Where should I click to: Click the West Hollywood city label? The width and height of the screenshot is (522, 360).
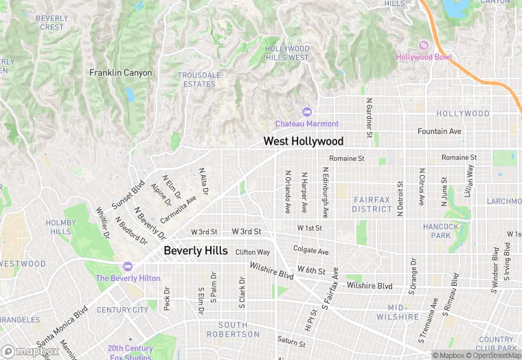click(x=303, y=141)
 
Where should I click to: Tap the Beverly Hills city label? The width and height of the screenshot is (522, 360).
click(x=195, y=251)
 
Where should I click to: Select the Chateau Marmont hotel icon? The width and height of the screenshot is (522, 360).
click(x=306, y=112)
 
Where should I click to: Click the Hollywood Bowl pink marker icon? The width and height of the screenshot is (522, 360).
click(x=423, y=45)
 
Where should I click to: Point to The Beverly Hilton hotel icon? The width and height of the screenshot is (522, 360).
click(x=127, y=267)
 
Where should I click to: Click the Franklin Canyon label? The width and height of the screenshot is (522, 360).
click(x=120, y=72)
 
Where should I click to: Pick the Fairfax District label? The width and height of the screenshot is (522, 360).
click(x=372, y=203)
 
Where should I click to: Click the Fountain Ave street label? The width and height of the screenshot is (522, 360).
click(x=440, y=131)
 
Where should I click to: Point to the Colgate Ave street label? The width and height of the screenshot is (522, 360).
click(x=310, y=250)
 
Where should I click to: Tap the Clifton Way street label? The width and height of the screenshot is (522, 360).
click(x=252, y=252)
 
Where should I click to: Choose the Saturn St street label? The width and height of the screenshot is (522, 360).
click(x=291, y=341)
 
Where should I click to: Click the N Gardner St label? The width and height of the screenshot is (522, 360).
click(x=369, y=117)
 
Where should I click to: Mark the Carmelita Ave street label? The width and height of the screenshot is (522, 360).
click(x=178, y=209)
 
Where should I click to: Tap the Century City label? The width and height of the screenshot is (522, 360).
click(x=122, y=310)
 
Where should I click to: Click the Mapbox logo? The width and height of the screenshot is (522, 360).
click(x=30, y=352)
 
